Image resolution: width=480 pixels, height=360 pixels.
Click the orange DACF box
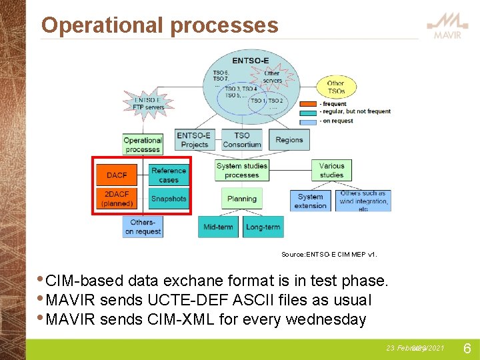[x=117, y=175]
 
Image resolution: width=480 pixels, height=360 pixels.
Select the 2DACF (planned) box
[x=117, y=199]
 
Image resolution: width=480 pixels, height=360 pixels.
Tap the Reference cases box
[x=169, y=175]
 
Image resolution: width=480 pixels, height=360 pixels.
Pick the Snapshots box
[x=169, y=199]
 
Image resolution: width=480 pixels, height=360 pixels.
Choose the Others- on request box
[x=143, y=227]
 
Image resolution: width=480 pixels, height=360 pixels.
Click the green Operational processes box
[x=143, y=145]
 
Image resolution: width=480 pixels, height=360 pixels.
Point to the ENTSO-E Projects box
[x=194, y=140]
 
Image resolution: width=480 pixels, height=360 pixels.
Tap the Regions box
[x=289, y=140]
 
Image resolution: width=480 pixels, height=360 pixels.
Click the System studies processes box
[x=242, y=171]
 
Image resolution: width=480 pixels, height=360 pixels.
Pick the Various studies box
[x=331, y=171]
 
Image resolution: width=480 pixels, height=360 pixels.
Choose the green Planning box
[x=242, y=199]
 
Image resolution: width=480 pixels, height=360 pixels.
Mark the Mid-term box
[x=219, y=227]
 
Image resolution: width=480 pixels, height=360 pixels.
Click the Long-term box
[x=263, y=227]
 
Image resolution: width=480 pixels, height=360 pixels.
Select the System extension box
[x=311, y=201]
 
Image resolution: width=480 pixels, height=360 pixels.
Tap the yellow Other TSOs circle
[x=336, y=87]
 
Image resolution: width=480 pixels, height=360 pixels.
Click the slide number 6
[x=467, y=349]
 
